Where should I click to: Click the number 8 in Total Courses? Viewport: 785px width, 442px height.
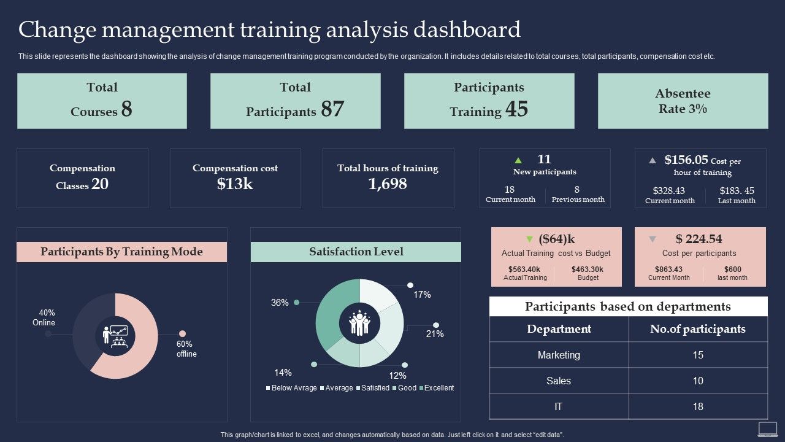click(x=126, y=109)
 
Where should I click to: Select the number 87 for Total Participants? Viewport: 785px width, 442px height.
click(x=332, y=109)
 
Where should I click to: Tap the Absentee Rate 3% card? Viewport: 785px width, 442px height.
click(x=683, y=101)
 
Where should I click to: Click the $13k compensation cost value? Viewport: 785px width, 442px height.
click(x=235, y=183)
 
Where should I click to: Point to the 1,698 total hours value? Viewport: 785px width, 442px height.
click(x=388, y=183)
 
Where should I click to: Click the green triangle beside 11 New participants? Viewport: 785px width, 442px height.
click(x=518, y=160)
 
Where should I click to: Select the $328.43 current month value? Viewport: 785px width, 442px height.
click(x=669, y=191)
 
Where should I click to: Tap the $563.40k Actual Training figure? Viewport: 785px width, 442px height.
click(x=524, y=269)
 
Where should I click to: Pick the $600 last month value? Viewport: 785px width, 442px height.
click(x=732, y=269)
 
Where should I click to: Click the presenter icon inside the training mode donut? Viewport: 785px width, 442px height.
click(x=115, y=336)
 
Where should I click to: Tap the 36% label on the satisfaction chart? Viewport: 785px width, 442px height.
click(x=280, y=303)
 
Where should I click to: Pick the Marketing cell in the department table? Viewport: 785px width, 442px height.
click(x=559, y=355)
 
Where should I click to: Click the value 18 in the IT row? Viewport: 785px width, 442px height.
click(x=698, y=406)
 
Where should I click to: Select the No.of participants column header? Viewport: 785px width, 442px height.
click(x=698, y=329)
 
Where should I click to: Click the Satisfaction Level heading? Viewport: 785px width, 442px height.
click(x=356, y=252)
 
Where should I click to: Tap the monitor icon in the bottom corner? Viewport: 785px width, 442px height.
click(x=767, y=428)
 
